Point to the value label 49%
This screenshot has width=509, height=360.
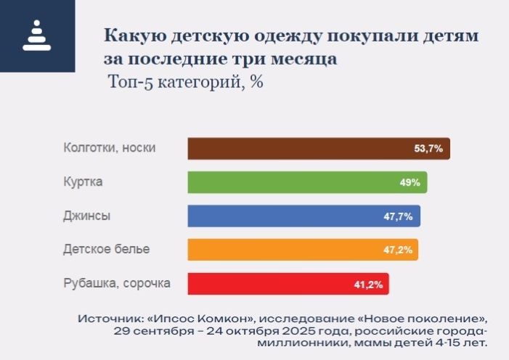(x=410, y=183)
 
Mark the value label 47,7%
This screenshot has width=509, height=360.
(x=399, y=216)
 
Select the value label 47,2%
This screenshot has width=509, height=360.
(x=398, y=250)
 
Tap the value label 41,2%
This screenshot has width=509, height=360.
(x=368, y=284)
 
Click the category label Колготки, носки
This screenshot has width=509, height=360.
(x=109, y=148)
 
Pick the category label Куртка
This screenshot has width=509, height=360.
(x=83, y=182)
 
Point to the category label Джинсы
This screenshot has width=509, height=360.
(x=87, y=216)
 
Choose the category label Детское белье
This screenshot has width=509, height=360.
(x=106, y=250)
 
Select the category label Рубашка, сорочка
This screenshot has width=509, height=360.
(x=117, y=283)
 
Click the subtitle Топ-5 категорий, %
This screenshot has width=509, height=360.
(x=184, y=81)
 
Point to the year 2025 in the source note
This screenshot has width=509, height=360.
(x=294, y=331)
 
